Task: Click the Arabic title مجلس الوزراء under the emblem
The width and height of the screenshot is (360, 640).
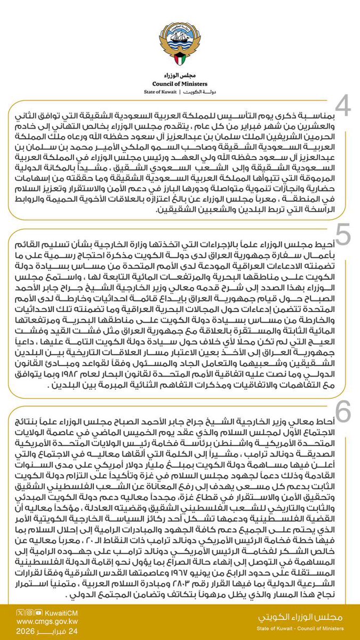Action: point(180,75)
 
